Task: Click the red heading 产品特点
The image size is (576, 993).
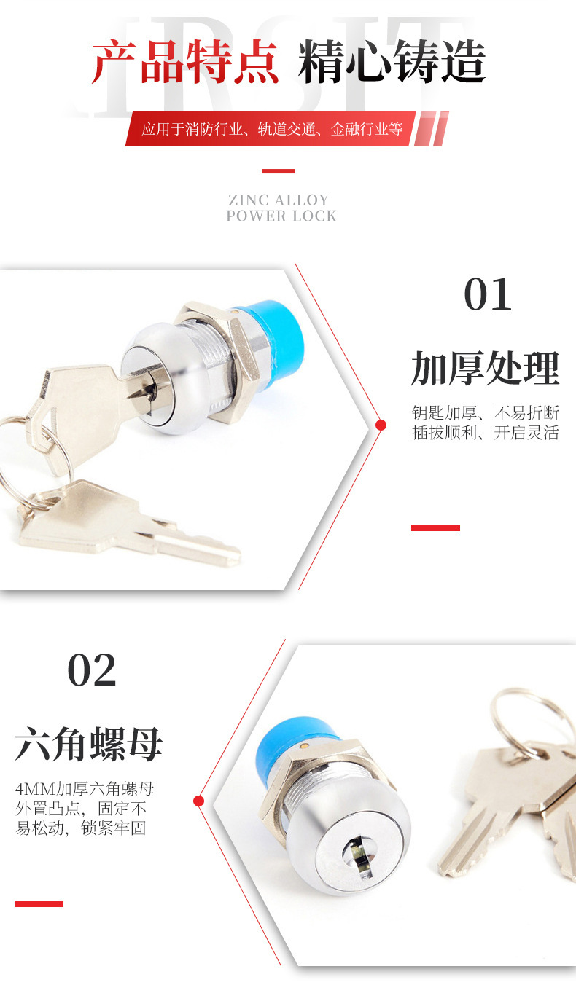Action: pos(185,62)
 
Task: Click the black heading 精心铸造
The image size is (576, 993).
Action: pos(392,61)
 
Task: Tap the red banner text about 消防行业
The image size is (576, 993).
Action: pos(272,129)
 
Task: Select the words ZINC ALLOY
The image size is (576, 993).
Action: pos(279,200)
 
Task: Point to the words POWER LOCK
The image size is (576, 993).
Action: pos(281,216)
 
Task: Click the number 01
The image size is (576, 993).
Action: pos(488,294)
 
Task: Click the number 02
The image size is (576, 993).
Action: pos(91,670)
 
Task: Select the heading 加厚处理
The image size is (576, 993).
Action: pos(485,369)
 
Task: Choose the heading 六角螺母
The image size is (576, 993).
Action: pos(89,745)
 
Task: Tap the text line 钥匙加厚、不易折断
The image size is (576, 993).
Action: pos(486,412)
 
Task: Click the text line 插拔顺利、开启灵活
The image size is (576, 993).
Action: pos(486,432)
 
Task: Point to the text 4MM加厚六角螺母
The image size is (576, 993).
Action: pos(85,789)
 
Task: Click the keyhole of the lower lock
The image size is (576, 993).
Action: pos(358,852)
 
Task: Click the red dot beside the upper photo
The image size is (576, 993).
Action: pos(381,425)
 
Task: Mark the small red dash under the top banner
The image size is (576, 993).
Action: pos(279,171)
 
